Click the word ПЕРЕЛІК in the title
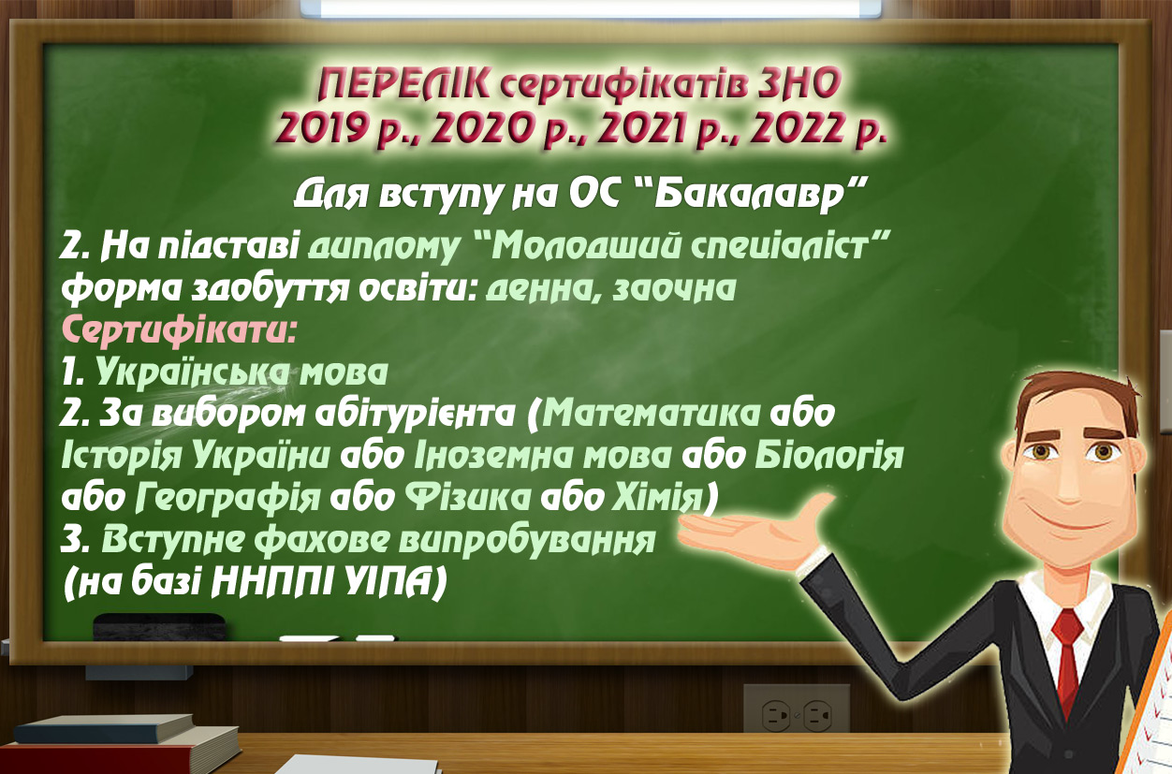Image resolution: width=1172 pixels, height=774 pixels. [x=404, y=85]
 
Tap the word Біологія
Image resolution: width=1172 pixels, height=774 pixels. [x=829, y=456]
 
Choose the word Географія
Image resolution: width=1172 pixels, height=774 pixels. [x=227, y=498]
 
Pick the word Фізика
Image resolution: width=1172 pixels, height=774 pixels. [x=464, y=497]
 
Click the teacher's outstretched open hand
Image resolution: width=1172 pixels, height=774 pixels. [x=754, y=523]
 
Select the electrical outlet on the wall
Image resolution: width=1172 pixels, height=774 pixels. [x=796, y=715]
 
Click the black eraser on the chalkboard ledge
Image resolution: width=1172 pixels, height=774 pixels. [x=159, y=627]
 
